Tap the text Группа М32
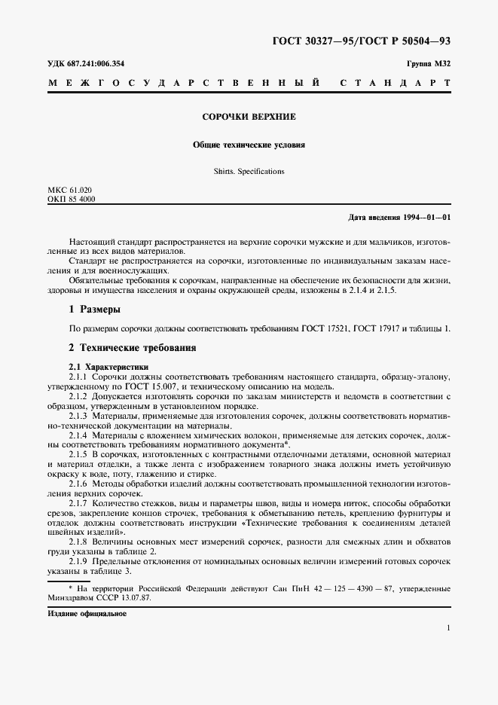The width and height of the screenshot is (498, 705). pos(429,63)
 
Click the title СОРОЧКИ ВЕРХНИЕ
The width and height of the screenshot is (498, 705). pos(249,117)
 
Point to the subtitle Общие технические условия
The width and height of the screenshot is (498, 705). pos(249,144)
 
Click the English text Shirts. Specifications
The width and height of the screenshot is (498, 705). pos(249,171)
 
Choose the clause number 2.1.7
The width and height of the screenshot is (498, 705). pos(78,502)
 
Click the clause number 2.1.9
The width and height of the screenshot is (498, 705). pos(78,561)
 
